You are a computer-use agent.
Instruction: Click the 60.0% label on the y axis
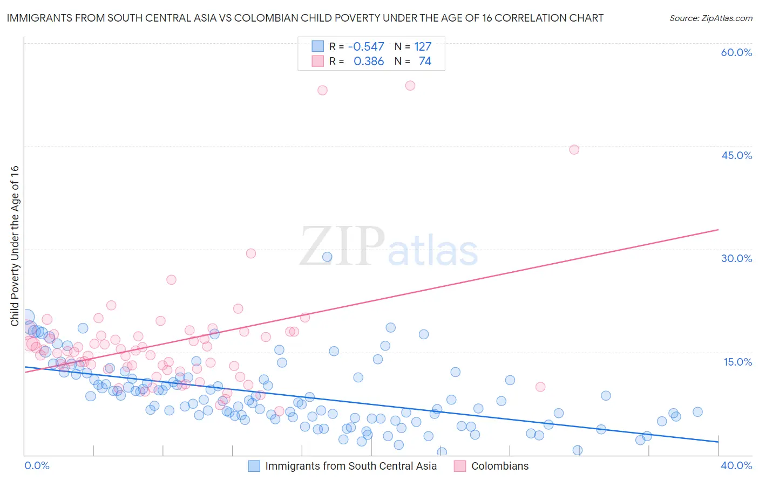click(x=736, y=52)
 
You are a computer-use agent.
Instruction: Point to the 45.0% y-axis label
click(x=736, y=155)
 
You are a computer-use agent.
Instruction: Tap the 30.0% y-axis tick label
click(x=736, y=258)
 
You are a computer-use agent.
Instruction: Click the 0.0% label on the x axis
click(x=37, y=465)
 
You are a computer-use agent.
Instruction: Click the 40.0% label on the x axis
click(x=736, y=465)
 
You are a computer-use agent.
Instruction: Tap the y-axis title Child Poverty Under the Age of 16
click(x=15, y=245)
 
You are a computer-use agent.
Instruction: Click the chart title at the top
click(x=305, y=18)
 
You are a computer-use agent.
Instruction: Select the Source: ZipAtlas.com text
click(x=710, y=18)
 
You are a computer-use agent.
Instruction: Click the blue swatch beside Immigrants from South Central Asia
click(x=254, y=466)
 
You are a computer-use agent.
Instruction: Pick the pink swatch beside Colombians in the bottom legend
click(x=460, y=466)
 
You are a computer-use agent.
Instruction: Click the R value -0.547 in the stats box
click(x=366, y=47)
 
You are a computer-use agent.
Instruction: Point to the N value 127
click(x=423, y=47)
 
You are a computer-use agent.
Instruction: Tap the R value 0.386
click(x=369, y=61)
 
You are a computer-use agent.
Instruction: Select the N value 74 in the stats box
click(x=425, y=61)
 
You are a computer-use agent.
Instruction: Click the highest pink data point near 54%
click(x=410, y=85)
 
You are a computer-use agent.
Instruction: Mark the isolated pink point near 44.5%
click(x=574, y=149)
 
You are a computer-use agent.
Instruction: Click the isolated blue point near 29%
click(x=327, y=257)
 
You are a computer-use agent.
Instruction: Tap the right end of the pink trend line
click(x=718, y=230)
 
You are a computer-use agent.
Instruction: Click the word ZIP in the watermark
click(x=342, y=246)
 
